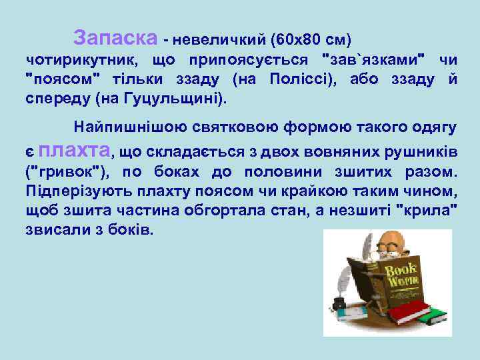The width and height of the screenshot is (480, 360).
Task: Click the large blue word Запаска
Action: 115,36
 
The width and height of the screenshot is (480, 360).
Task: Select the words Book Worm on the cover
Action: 401,275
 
